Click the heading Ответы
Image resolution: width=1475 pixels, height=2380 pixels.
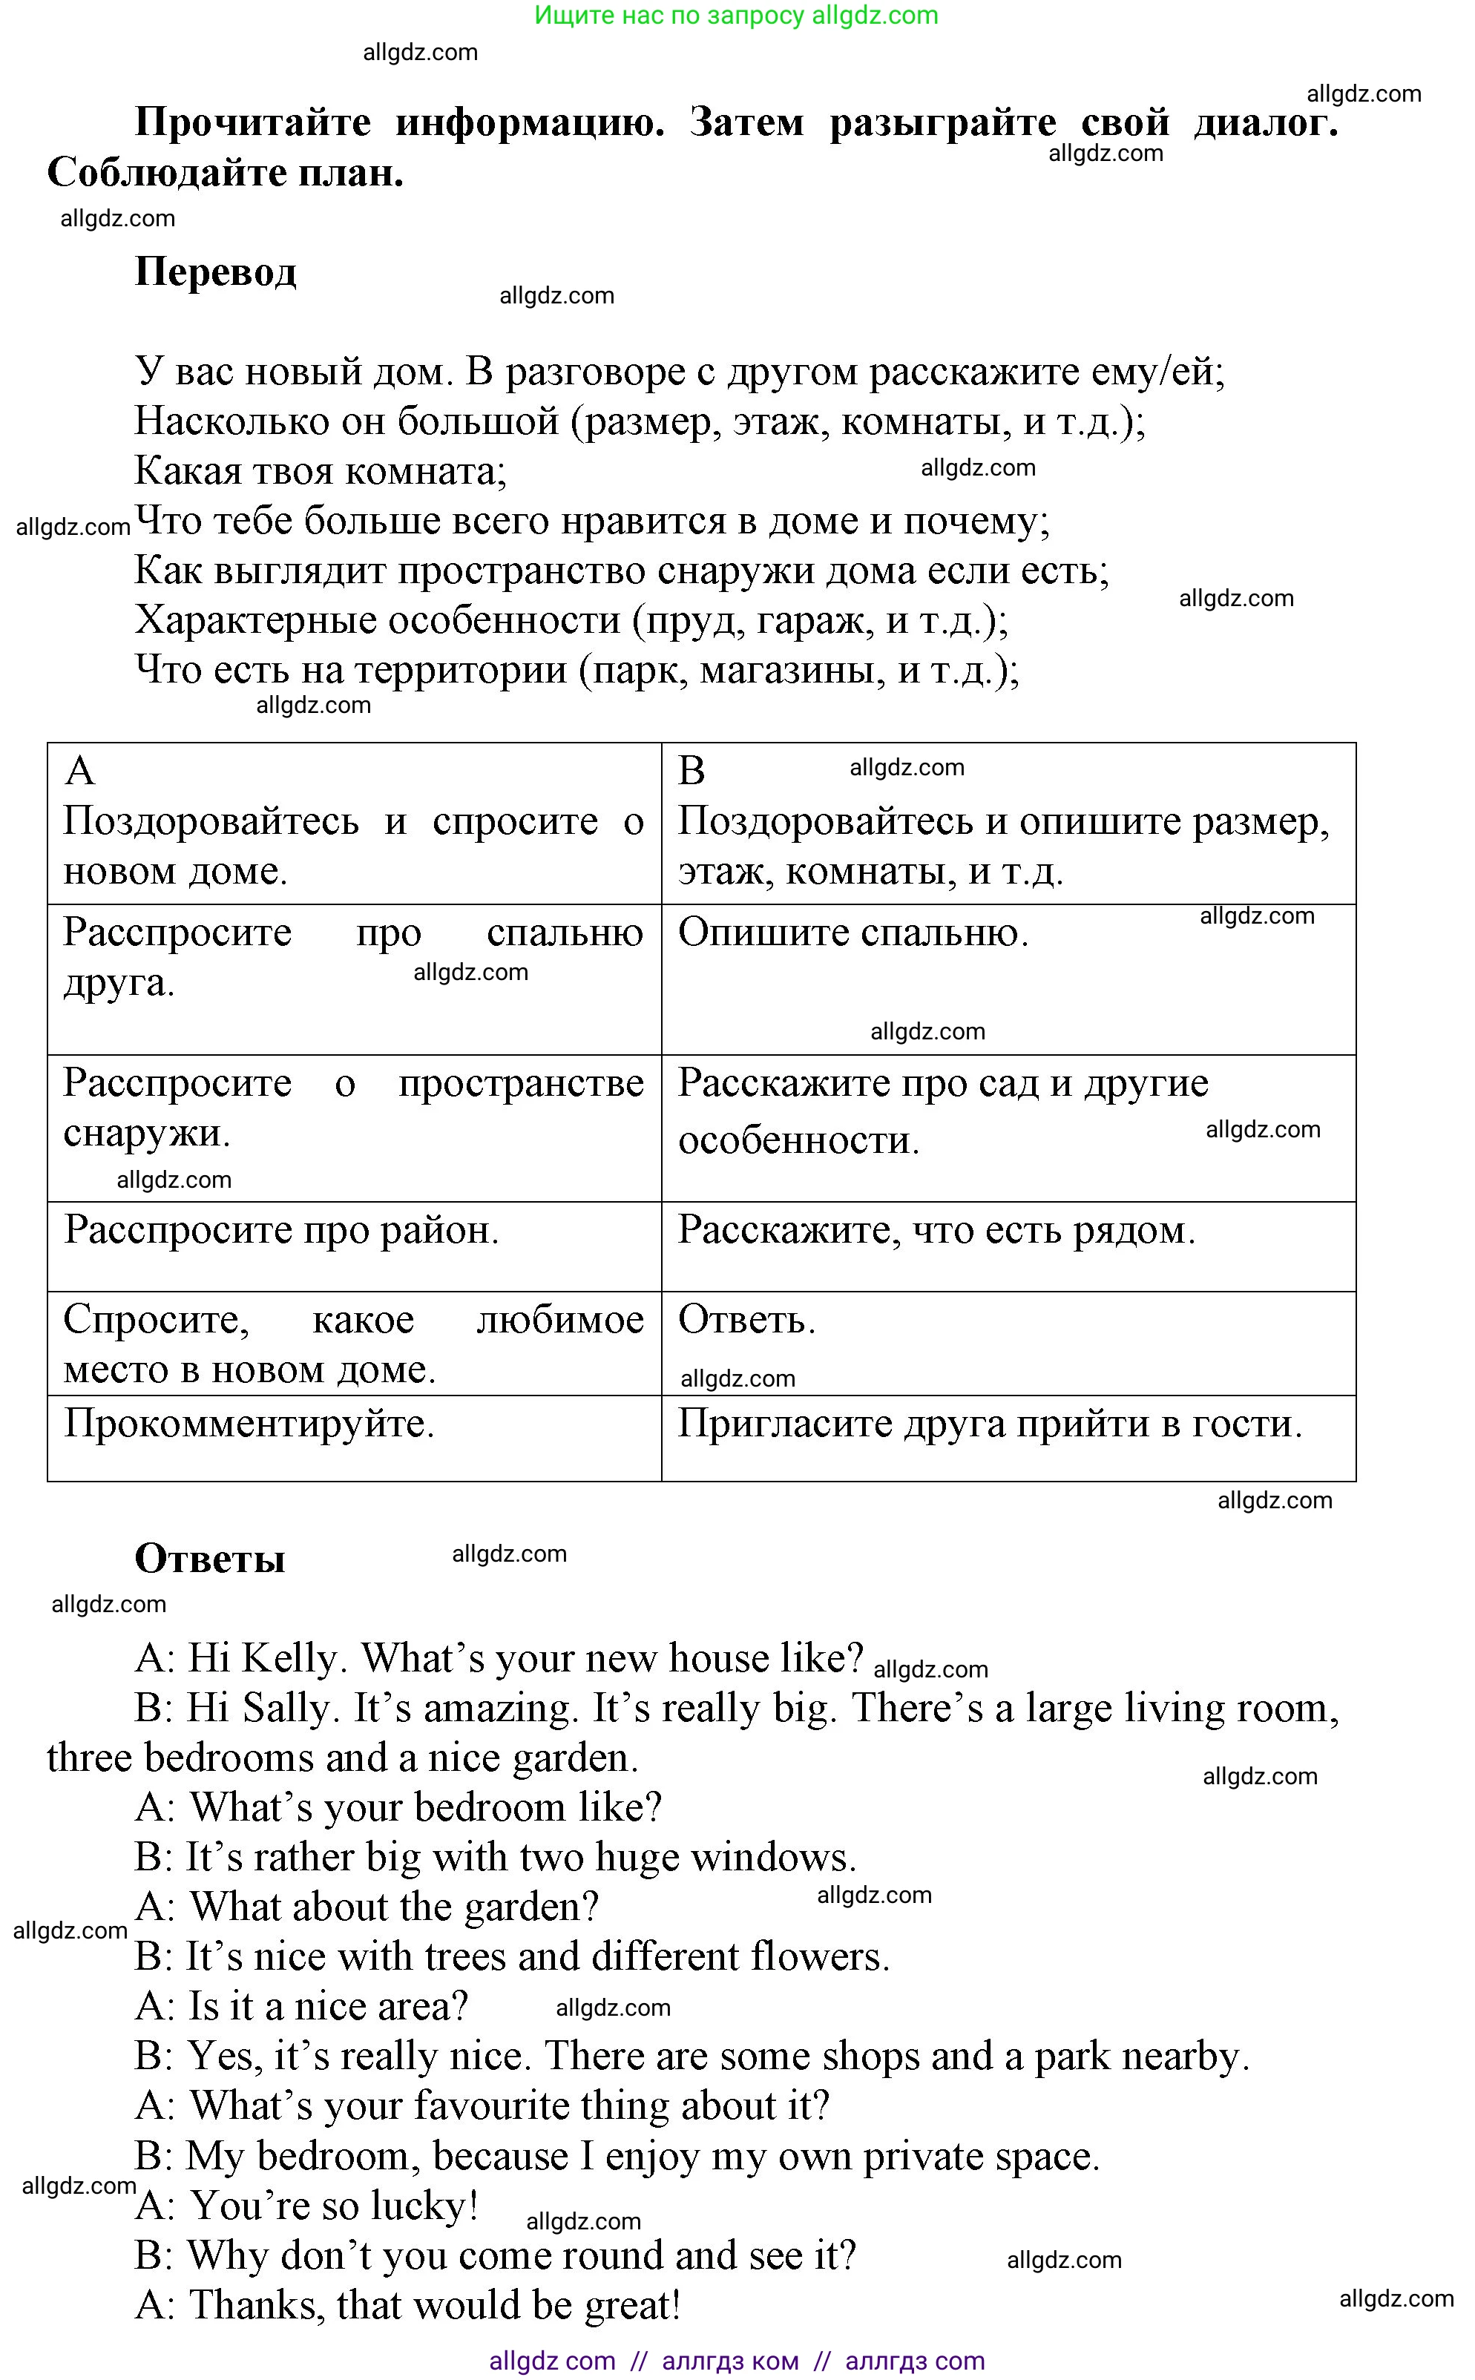point(210,1559)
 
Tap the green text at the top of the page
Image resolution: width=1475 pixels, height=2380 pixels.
point(737,16)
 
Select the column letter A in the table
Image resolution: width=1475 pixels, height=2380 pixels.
point(80,772)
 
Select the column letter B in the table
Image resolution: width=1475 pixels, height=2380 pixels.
point(691,772)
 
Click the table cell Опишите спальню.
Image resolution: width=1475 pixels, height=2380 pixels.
point(853,933)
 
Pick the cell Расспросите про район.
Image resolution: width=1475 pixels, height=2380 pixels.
point(281,1231)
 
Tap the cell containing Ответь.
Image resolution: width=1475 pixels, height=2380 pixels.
point(746,1321)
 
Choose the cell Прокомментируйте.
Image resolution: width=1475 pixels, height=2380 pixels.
point(249,1425)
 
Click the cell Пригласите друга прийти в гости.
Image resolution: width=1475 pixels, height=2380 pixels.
point(991,1425)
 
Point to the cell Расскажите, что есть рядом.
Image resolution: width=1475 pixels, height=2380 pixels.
point(936,1231)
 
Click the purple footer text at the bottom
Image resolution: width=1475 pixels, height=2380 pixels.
point(737,2361)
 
